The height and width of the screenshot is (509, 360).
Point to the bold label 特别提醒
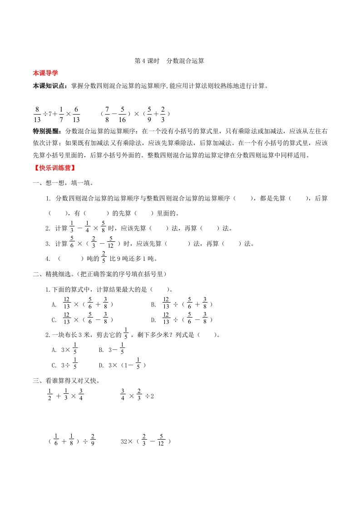[48, 131]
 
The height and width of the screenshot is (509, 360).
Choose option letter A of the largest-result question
[54, 304]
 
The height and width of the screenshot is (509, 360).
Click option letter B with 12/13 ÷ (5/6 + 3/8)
[153, 304]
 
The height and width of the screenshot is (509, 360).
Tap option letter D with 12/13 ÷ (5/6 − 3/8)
[153, 320]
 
